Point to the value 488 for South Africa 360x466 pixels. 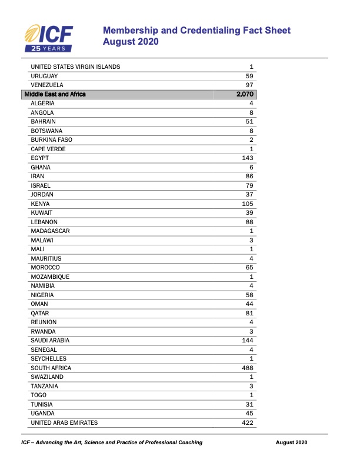[x=247, y=368]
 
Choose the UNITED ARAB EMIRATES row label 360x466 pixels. [x=64, y=422]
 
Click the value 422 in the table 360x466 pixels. [x=247, y=422]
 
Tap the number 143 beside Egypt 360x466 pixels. [x=247, y=158]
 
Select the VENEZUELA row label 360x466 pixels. [x=48, y=85]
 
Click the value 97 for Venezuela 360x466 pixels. [x=249, y=85]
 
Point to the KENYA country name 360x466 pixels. [x=40, y=204]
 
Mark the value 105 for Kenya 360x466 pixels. [x=247, y=204]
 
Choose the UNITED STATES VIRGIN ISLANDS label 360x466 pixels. [x=75, y=67]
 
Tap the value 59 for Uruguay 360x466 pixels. [x=249, y=76]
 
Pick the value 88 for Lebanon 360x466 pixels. [x=249, y=222]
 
